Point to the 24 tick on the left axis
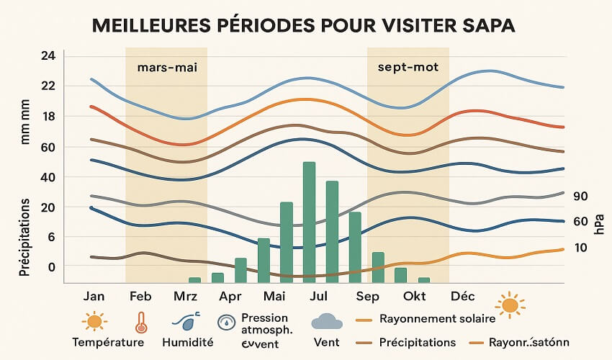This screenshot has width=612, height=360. click(48, 56)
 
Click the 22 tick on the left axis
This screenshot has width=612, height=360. click(48, 86)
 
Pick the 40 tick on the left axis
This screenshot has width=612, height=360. click(48, 177)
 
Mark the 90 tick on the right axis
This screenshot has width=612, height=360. click(581, 197)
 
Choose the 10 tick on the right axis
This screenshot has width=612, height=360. click(581, 248)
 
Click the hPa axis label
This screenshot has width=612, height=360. click(599, 222)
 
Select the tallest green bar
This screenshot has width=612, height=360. click(309, 221)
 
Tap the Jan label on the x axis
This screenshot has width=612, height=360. click(94, 297)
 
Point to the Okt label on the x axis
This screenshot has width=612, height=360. click(415, 297)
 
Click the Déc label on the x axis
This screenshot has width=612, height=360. click(462, 297)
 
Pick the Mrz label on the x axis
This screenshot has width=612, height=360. click(185, 297)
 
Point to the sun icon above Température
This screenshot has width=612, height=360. click(94, 321)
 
